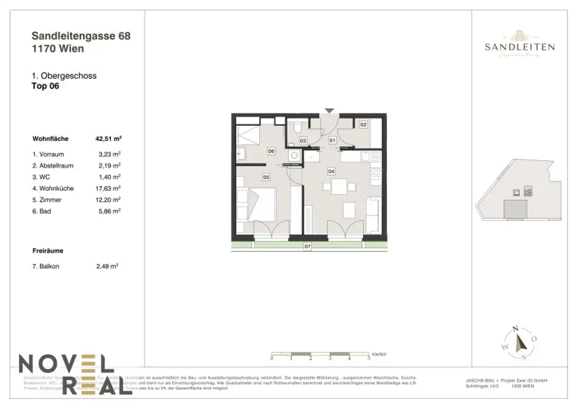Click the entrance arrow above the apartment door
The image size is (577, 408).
329,110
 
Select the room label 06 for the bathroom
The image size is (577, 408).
271,151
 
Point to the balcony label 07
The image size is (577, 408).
308,247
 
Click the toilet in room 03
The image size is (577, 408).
297,129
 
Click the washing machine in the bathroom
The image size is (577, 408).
294,155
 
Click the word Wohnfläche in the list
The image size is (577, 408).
51,138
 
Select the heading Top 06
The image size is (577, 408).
46,86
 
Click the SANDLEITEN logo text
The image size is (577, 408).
520,47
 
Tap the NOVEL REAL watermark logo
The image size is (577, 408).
68,372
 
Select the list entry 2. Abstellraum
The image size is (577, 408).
53,166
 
